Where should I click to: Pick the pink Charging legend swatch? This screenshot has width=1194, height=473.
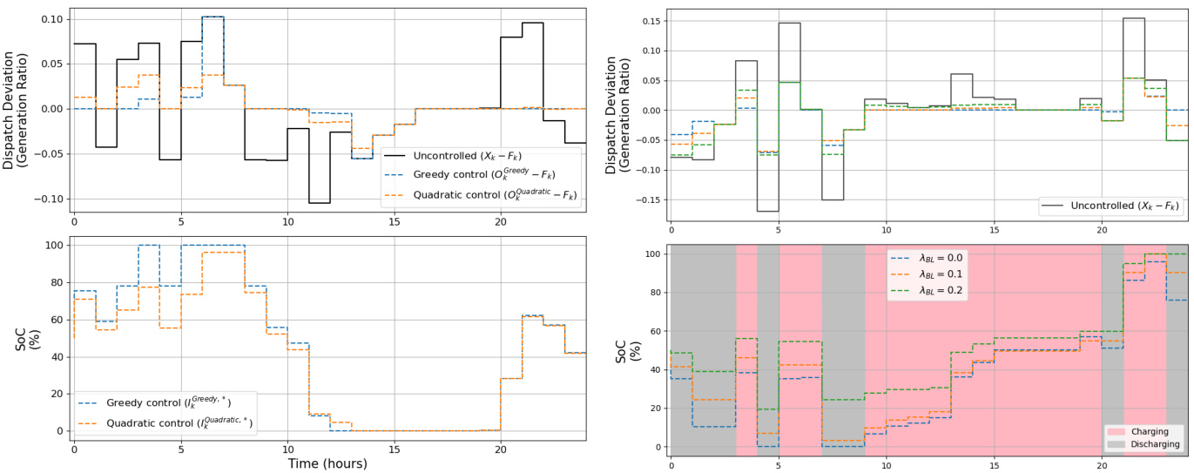[1119, 431]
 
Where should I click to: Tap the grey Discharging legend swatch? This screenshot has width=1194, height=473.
[1119, 443]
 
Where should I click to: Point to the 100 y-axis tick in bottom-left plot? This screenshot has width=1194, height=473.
[54, 246]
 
